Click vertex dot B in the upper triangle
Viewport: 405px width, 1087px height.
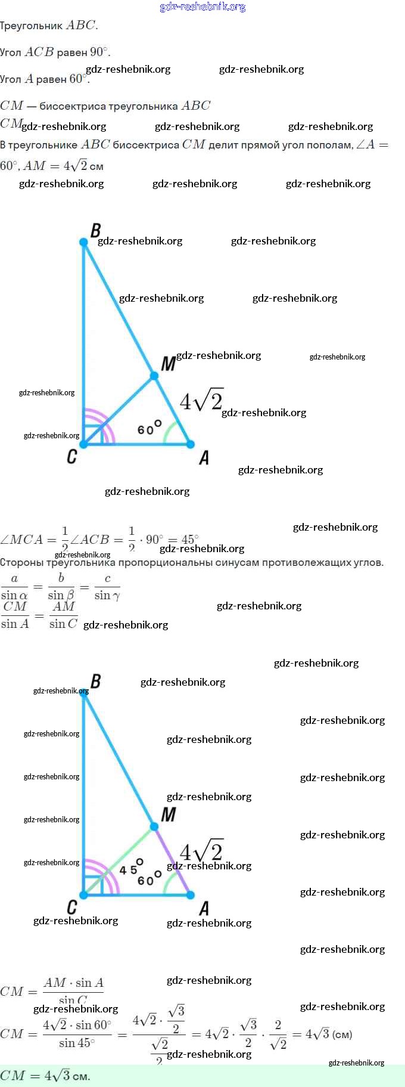84,242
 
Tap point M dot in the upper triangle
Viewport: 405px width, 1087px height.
154,376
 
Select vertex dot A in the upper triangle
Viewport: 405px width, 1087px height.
191,444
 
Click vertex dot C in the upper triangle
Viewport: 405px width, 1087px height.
84,444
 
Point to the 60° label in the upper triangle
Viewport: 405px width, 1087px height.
149,428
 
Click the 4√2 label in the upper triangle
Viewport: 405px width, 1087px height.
201,401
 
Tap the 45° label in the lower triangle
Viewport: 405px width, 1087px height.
131,868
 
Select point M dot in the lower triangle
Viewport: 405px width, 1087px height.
154,826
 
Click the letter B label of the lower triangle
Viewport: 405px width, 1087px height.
95,681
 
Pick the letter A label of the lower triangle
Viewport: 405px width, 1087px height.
204,909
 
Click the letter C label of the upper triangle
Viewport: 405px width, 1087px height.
72,457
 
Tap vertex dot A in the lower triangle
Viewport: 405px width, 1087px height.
191,895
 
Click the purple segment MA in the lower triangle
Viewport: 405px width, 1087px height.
173,861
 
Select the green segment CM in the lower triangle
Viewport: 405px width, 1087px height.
119,860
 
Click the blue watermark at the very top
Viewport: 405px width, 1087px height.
202,7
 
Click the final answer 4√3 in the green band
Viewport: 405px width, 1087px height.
59,1076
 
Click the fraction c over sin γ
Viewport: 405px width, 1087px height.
107,587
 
